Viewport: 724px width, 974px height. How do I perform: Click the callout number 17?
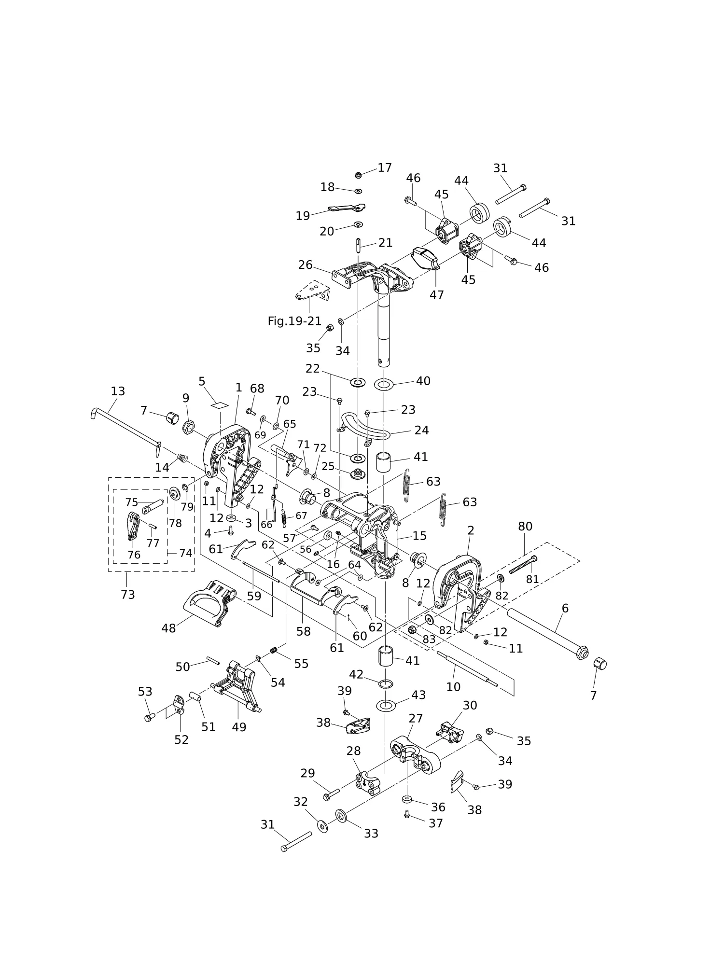pos(385,167)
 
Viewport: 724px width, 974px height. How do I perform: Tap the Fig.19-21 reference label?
pos(294,321)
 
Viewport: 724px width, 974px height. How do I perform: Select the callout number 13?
pos(118,391)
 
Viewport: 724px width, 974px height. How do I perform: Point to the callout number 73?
pos(128,595)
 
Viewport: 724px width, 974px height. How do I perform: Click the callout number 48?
pos(168,628)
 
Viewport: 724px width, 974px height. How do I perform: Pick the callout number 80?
pos(525,526)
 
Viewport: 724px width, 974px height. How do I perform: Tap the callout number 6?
pos(565,608)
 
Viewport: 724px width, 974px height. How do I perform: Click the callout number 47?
pos(437,294)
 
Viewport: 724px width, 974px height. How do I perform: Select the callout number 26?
pos(306,265)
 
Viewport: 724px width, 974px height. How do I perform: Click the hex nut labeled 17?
pos(358,175)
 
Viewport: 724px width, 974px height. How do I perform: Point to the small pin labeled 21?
pos(359,245)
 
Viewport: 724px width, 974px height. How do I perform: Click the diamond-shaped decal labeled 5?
pos(219,404)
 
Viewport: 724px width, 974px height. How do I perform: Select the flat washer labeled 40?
pos(384,384)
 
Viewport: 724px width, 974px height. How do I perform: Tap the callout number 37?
pos(436,823)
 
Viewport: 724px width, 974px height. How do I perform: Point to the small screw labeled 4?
pos(231,531)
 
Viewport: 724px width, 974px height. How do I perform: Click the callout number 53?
pos(145,692)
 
